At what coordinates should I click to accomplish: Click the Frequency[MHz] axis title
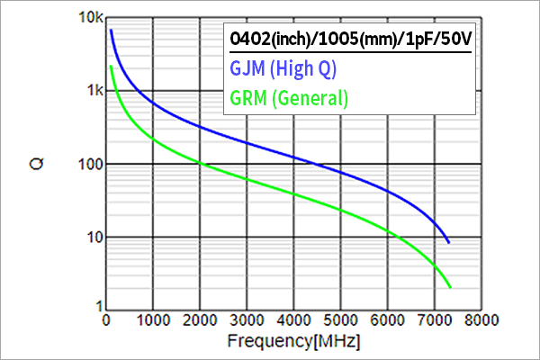[x=294, y=343]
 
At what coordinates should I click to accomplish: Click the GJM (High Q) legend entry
[x=283, y=69]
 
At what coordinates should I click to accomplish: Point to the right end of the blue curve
[x=448, y=243]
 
